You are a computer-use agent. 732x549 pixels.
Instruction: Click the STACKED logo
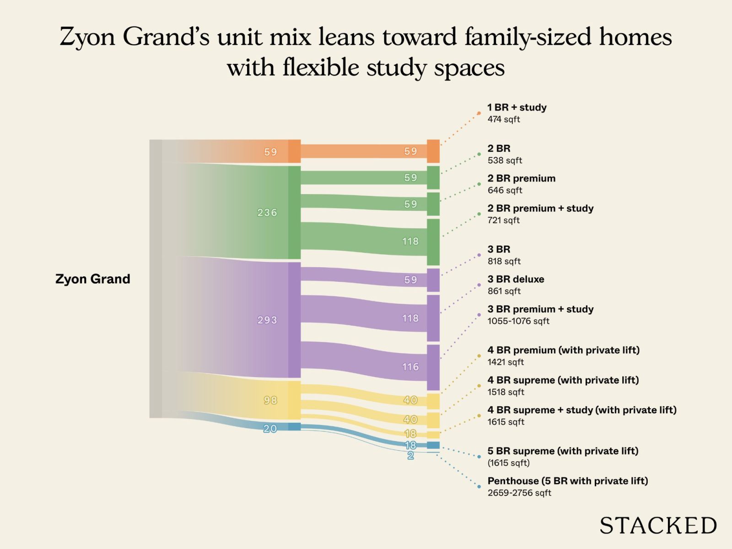pyautogui.click(x=658, y=526)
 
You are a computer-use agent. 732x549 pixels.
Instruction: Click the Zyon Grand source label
pyautogui.click(x=93, y=279)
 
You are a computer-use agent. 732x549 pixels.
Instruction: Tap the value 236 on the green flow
pyautogui.click(x=267, y=212)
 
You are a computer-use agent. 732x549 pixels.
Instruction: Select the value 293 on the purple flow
pyautogui.click(x=267, y=320)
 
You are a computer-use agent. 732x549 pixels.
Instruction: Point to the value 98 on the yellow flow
pyautogui.click(x=270, y=400)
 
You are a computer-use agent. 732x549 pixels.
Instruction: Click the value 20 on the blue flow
pyautogui.click(x=270, y=428)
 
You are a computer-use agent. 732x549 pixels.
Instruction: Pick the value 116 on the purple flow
pyautogui.click(x=410, y=366)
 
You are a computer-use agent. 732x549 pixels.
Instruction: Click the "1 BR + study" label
pyautogui.click(x=517, y=108)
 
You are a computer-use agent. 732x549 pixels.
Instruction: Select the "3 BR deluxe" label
pyautogui.click(x=516, y=279)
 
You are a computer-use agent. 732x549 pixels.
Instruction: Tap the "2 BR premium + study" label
pyautogui.click(x=541, y=208)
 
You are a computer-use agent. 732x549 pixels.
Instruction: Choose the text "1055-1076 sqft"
pyautogui.click(x=518, y=321)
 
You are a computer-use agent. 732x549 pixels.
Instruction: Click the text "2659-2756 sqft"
pyautogui.click(x=519, y=493)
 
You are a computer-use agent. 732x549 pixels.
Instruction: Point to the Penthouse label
pyautogui.click(x=568, y=481)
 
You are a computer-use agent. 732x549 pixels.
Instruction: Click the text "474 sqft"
pyautogui.click(x=504, y=119)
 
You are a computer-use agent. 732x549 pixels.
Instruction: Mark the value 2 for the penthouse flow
pyautogui.click(x=410, y=456)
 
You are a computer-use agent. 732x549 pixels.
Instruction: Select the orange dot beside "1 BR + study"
pyautogui.click(x=479, y=113)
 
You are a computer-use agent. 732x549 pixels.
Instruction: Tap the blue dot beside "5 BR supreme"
pyautogui.click(x=479, y=457)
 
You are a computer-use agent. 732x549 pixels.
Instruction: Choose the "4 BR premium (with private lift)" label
pyautogui.click(x=564, y=350)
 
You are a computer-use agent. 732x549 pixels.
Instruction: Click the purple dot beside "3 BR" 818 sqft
pyautogui.click(x=479, y=255)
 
